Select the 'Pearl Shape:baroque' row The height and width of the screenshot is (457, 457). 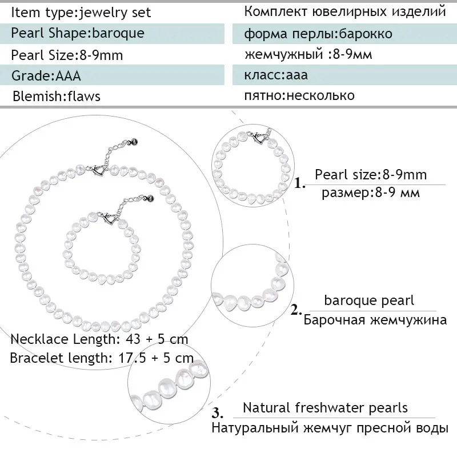(x=78, y=33)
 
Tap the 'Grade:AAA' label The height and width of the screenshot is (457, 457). (x=46, y=76)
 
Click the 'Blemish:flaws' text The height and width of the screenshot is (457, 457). (x=57, y=96)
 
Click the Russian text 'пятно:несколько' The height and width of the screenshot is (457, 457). (x=299, y=95)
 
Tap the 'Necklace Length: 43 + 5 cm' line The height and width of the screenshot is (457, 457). (x=99, y=339)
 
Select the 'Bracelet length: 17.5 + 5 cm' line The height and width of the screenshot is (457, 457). (x=102, y=359)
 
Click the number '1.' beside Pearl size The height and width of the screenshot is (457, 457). (x=300, y=184)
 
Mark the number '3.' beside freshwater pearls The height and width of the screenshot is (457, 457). (x=218, y=413)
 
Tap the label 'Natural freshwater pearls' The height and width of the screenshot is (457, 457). (x=325, y=408)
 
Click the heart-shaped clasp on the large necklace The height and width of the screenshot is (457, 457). (x=99, y=170)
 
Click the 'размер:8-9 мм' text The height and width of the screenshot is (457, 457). (x=370, y=193)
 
